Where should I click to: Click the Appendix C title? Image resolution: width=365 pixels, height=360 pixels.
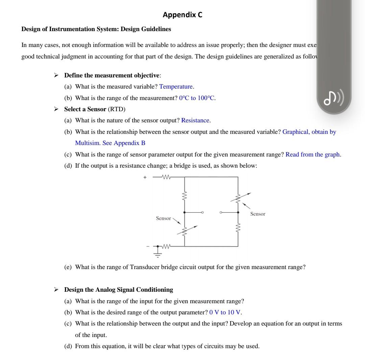tap(182, 15)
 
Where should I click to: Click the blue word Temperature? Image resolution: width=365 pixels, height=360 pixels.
tap(176, 87)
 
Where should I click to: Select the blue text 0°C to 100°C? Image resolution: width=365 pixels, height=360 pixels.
tap(197, 98)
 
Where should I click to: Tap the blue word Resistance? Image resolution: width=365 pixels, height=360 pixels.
tap(196, 120)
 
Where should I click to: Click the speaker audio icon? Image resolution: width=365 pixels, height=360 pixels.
tap(334, 98)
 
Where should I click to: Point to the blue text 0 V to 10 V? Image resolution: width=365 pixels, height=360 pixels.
tap(225, 312)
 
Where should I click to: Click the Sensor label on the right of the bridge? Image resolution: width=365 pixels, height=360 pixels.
tap(258, 214)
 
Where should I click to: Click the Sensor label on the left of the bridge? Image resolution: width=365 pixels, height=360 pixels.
tap(163, 218)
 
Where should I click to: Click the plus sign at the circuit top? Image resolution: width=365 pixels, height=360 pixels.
tap(145, 177)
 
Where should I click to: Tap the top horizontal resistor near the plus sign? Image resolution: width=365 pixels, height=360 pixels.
tap(166, 177)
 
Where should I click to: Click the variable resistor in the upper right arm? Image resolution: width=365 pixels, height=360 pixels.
tap(238, 197)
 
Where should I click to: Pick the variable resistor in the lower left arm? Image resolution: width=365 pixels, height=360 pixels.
tap(185, 232)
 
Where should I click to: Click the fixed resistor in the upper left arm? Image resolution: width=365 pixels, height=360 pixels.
tap(184, 196)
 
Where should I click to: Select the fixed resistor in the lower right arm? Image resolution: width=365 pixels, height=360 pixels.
tap(238, 227)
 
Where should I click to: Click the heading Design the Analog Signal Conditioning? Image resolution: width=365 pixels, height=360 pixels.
tap(118, 290)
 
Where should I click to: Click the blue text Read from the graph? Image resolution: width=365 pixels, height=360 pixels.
tap(313, 154)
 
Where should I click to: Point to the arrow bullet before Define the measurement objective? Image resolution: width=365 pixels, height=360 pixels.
tap(56, 75)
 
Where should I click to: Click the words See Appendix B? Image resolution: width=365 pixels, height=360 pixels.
tap(124, 143)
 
